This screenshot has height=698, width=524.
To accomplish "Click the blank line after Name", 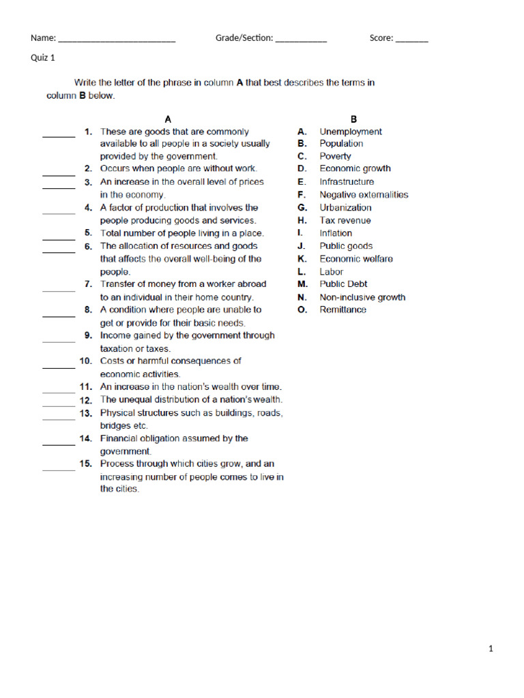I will (x=117, y=40).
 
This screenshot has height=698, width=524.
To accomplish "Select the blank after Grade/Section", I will (x=301, y=40).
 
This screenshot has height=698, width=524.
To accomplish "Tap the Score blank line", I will (x=411, y=40).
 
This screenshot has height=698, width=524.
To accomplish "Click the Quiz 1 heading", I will (x=43, y=58).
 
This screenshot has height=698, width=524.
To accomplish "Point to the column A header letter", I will (x=169, y=119).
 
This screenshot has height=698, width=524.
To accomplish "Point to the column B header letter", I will (x=353, y=119).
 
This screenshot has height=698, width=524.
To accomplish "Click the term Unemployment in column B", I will (x=351, y=132).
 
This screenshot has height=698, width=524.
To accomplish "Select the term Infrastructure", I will (x=347, y=182).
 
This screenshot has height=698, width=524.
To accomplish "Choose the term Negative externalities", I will (x=364, y=195).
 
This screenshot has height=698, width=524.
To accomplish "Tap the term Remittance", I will (x=343, y=309).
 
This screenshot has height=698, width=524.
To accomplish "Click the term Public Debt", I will (x=343, y=284).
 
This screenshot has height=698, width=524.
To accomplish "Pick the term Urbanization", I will (x=345, y=208).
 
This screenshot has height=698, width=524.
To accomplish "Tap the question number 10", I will (x=85, y=361).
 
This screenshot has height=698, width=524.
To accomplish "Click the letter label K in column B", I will (x=302, y=259).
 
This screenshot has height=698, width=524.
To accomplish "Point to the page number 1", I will (x=491, y=649).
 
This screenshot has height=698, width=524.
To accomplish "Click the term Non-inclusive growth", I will (x=362, y=297).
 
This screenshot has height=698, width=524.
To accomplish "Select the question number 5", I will (x=88, y=233).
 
